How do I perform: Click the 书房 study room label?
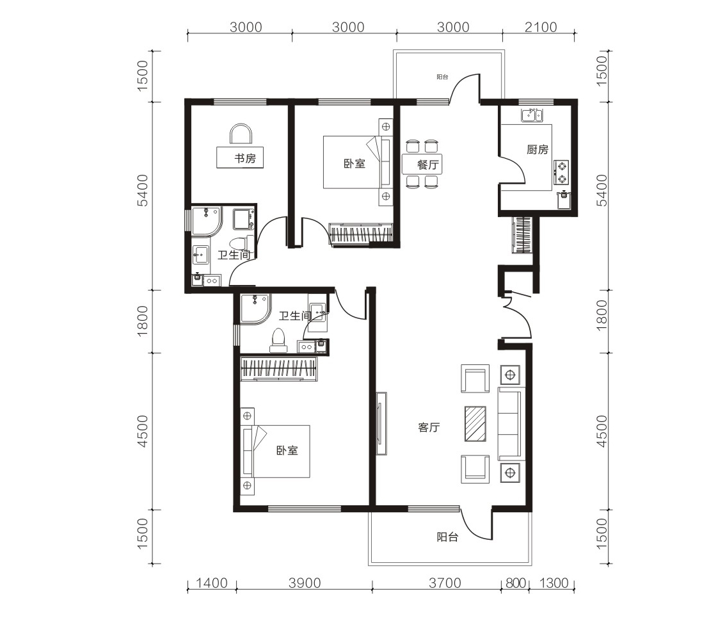pos(245,159)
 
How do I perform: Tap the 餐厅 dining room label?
pos(427,165)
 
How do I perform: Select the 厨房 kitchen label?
pos(538,149)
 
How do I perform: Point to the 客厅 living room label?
pos(429,428)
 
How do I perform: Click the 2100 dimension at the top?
pos(541,28)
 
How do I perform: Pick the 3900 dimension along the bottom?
pos(305,583)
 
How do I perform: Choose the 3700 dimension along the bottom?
pos(445,583)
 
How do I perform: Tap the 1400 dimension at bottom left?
pos(212,583)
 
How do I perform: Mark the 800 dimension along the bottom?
pos(516,583)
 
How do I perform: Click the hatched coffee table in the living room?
pos(475,423)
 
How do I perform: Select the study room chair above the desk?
pos(241,134)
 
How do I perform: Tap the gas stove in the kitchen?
pos(561,172)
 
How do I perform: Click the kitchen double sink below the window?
pos(532,115)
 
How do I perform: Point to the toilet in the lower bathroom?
pos(278,337)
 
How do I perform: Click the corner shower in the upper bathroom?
pos(207,221)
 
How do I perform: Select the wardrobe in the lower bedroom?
pos(279,369)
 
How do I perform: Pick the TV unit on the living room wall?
pos(381,423)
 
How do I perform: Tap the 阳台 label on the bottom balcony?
pos(447,537)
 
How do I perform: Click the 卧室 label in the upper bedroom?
pos(354,164)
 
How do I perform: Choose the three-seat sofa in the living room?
pos(509,424)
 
